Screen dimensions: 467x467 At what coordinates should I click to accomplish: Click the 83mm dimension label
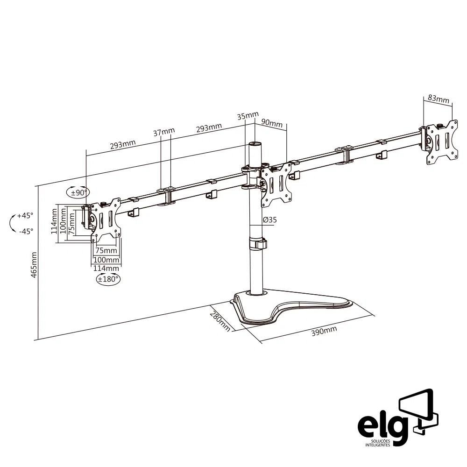coord(438,99)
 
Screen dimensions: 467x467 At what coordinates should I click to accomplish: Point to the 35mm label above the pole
coord(247,116)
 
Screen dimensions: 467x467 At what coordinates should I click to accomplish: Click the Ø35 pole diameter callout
coord(270,219)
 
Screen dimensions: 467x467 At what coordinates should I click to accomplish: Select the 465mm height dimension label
coord(34,265)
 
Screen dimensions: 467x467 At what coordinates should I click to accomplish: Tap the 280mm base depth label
coord(219,321)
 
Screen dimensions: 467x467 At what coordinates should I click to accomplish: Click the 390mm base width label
coord(324,332)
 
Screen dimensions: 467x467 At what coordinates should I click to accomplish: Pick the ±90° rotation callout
coord(78,192)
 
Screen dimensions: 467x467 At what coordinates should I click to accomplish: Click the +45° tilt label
coord(25,216)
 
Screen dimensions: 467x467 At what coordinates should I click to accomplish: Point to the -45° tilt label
coord(26,231)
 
